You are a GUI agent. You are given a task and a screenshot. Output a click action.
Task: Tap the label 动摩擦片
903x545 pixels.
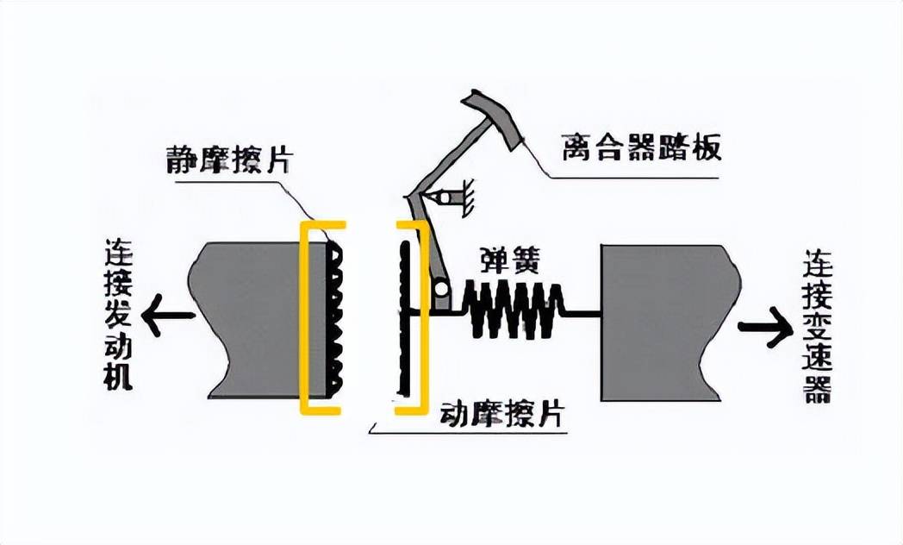pyautogui.click(x=501, y=415)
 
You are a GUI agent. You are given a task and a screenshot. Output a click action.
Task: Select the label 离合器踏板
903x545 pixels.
pyautogui.click(x=640, y=147)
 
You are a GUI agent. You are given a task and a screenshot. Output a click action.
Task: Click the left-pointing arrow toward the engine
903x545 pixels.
pyautogui.click(x=165, y=316)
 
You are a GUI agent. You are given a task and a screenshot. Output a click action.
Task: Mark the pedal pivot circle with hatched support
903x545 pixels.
pyautogui.click(x=446, y=198)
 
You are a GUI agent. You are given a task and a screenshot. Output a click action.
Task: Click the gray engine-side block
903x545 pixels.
pyautogui.click(x=250, y=320)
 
